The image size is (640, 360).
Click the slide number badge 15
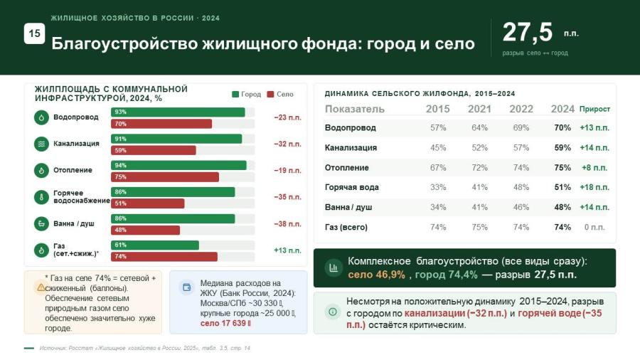34,33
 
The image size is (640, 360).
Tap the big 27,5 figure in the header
528,32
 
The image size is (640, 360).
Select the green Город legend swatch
235,95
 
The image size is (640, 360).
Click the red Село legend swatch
270,95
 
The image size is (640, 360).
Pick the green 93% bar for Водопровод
178,112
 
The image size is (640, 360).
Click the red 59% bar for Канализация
154,150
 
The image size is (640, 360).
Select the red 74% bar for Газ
164,256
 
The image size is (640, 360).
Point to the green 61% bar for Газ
155,245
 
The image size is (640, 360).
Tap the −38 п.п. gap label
288,224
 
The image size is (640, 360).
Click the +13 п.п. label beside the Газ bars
288,250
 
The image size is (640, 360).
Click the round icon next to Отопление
41,171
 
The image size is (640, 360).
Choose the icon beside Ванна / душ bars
41,223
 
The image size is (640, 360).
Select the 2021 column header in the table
479,109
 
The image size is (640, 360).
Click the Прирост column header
594,109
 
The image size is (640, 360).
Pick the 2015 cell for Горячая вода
438,187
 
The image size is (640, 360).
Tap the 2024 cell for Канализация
562,148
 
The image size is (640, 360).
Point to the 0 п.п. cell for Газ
594,228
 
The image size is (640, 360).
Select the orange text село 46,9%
376,275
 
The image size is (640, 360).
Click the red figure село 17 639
225,323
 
